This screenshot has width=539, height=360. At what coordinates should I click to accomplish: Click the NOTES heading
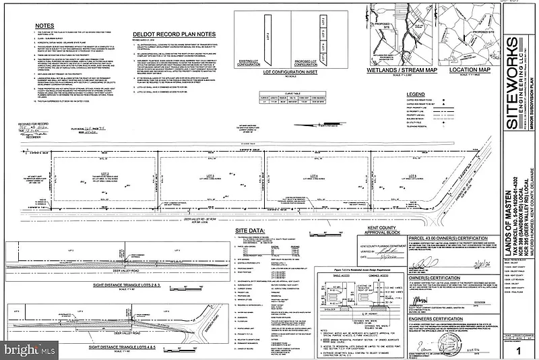point(44,26)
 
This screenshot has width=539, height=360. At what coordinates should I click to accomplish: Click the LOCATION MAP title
point(464,69)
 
